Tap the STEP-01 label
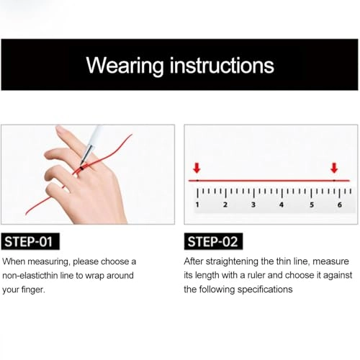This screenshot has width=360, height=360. (31, 241)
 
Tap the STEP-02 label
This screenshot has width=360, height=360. (214, 241)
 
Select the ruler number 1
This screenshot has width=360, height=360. (197, 205)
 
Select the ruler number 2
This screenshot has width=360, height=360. (225, 205)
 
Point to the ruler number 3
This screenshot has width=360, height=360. (253, 205)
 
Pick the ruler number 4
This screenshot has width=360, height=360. (282, 205)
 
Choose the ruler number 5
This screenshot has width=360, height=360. (312, 205)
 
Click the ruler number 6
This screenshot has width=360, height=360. (340, 205)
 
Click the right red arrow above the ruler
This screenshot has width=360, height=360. (333, 168)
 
